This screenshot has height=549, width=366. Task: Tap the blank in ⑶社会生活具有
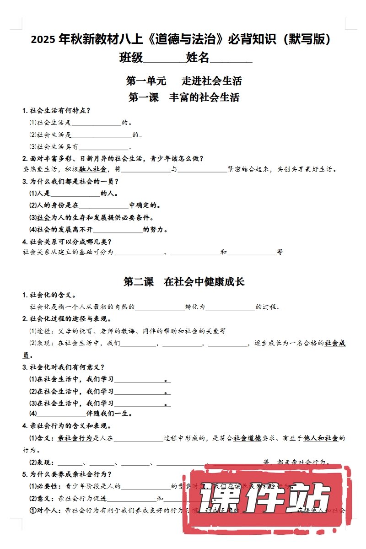point(104,147)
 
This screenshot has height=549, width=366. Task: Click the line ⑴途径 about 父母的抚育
point(128,331)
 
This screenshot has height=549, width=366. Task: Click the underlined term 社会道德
point(247,438)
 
